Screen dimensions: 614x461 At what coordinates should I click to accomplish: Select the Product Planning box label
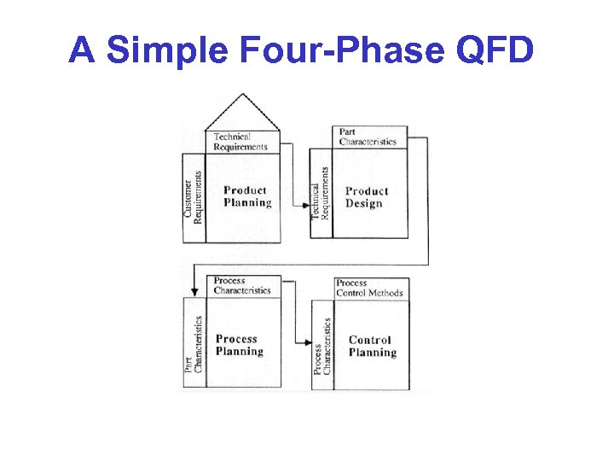247,196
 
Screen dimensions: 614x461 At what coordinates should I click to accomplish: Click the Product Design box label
367,197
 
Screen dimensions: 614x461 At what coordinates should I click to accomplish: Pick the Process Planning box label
240,345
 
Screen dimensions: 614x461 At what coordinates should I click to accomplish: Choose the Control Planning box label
373,346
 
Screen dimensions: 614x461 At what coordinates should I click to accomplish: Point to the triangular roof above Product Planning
243,113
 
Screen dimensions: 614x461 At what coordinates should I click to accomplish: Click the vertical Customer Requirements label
194,197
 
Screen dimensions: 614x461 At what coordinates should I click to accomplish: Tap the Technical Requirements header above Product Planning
240,142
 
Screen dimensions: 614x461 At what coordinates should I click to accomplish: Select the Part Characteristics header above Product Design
368,137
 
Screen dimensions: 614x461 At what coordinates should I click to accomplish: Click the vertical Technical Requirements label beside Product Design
320,193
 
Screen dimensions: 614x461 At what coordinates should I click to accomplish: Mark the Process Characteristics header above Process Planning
242,285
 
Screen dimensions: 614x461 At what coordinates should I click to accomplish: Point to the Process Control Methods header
369,288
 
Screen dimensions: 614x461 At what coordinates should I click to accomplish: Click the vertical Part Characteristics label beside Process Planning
194,344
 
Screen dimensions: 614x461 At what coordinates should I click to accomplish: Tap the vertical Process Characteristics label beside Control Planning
321,347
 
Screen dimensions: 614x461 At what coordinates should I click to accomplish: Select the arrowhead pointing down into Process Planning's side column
194,292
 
